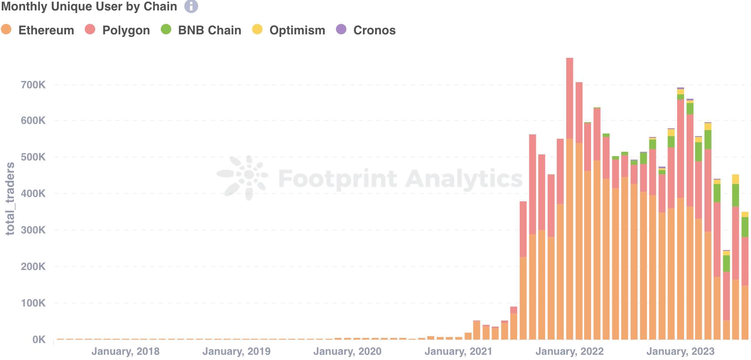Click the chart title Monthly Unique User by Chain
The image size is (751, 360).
point(89,7)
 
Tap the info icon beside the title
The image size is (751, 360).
point(191,7)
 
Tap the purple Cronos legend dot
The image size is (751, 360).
point(342,30)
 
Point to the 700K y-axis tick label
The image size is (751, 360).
point(33,85)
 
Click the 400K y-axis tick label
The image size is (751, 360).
point(33,193)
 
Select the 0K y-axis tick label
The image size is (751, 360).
point(39,340)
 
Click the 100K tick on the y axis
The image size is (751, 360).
point(33,303)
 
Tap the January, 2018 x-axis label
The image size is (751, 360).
point(125,351)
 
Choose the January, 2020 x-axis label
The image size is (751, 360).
point(347,351)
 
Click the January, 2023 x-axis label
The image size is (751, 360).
point(680,351)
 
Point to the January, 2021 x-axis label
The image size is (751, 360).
point(458,351)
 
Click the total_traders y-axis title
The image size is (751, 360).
point(10,198)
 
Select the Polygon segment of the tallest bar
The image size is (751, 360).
point(569,98)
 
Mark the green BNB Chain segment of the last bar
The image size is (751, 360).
point(745,227)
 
